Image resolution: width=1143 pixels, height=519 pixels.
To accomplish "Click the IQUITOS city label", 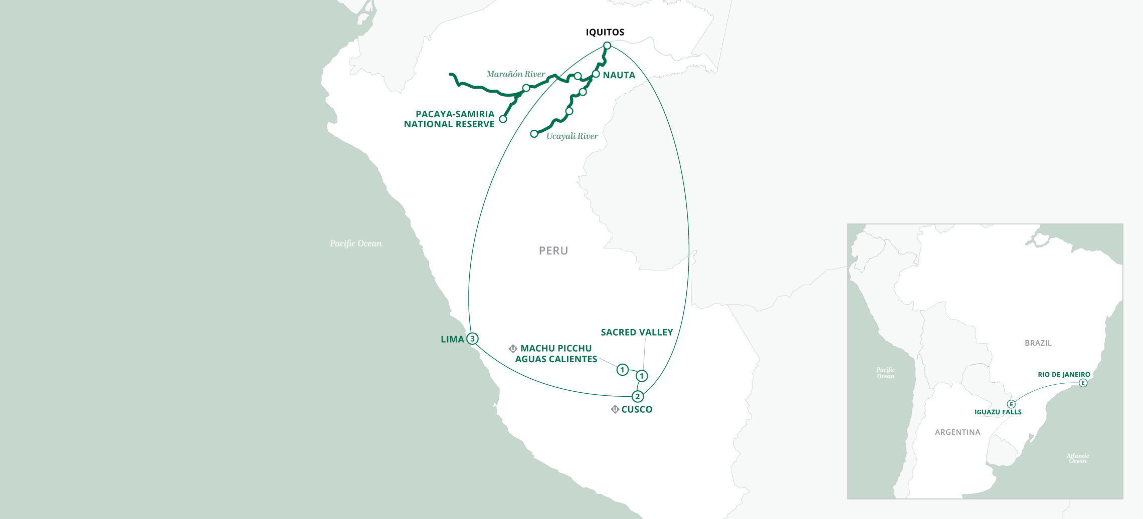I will (605, 32).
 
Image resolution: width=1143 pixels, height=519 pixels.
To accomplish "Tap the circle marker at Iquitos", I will (607, 46).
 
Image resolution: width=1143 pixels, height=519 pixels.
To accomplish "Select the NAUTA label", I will (619, 75).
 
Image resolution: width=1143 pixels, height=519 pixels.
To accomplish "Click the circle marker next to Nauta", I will (596, 74).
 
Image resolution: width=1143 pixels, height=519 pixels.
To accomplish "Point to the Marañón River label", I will (515, 74).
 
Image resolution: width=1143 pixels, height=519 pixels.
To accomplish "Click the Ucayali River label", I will (571, 136).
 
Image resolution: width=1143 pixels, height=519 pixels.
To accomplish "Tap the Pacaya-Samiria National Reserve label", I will (449, 119).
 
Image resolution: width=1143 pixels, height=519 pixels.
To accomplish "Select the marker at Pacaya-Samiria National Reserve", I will (503, 119).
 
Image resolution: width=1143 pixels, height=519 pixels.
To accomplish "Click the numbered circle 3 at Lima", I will (472, 339).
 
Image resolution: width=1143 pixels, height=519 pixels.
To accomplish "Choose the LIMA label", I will (452, 340).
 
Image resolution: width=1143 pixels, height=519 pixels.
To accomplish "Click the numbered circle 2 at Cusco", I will (637, 397).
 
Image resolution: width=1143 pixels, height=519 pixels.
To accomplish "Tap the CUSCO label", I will (637, 409).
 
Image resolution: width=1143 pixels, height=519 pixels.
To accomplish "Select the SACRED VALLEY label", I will (637, 332).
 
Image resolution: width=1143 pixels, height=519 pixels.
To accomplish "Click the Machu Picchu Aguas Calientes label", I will (556, 354).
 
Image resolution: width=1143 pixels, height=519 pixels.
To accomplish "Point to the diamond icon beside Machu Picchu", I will (513, 349).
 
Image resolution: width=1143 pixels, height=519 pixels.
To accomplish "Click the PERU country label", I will (553, 250).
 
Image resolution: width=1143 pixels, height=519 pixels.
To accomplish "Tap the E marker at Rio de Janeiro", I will (1083, 383).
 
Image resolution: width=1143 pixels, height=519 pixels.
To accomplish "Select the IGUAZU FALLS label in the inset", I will (998, 412).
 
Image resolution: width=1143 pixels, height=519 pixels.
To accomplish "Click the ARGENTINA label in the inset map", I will (957, 432).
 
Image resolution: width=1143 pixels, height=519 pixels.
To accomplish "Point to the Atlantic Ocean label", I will (1077, 458).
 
